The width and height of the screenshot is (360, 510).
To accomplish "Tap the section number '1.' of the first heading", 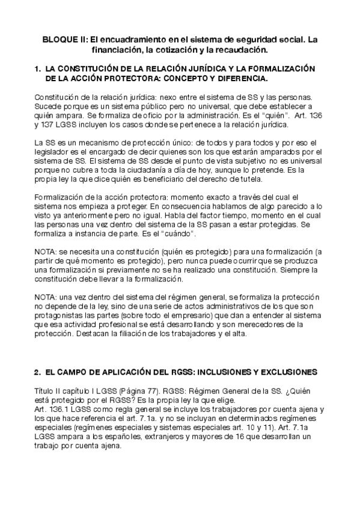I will (x=38, y=69).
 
